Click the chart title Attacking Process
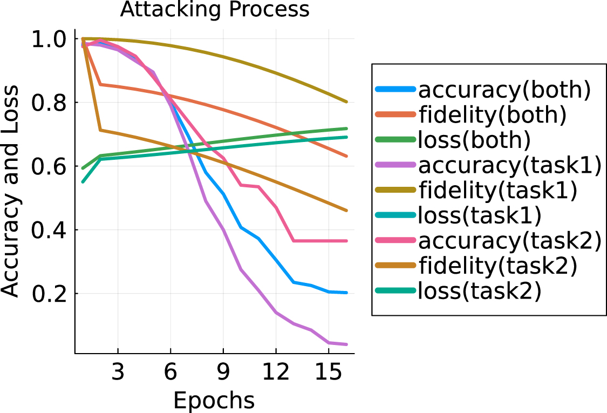(x=215, y=10)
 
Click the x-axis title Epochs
(x=214, y=401)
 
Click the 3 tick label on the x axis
(x=118, y=372)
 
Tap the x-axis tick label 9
(x=223, y=372)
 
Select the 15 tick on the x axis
(x=329, y=372)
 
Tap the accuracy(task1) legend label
(x=509, y=165)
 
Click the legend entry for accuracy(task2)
(x=509, y=241)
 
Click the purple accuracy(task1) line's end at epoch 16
(x=346, y=344)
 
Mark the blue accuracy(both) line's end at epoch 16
(x=346, y=293)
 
